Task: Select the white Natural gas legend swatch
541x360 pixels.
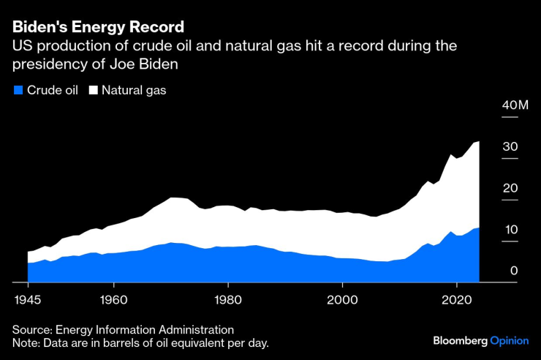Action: [x=93, y=91]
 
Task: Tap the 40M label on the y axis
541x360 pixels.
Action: [x=515, y=106]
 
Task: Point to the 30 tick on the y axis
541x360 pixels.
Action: [x=510, y=147]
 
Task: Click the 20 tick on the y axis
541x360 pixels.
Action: [x=510, y=189]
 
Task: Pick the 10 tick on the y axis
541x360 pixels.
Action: [x=510, y=230]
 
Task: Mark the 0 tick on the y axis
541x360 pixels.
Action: [x=514, y=271]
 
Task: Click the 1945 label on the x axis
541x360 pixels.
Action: [x=28, y=299]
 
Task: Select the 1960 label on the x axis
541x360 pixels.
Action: [x=113, y=299]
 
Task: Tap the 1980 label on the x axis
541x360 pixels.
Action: [x=227, y=299]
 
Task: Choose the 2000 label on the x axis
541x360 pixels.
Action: [x=341, y=299]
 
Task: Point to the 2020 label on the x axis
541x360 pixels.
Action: [x=456, y=299]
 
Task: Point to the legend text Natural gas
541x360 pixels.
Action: [x=134, y=91]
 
